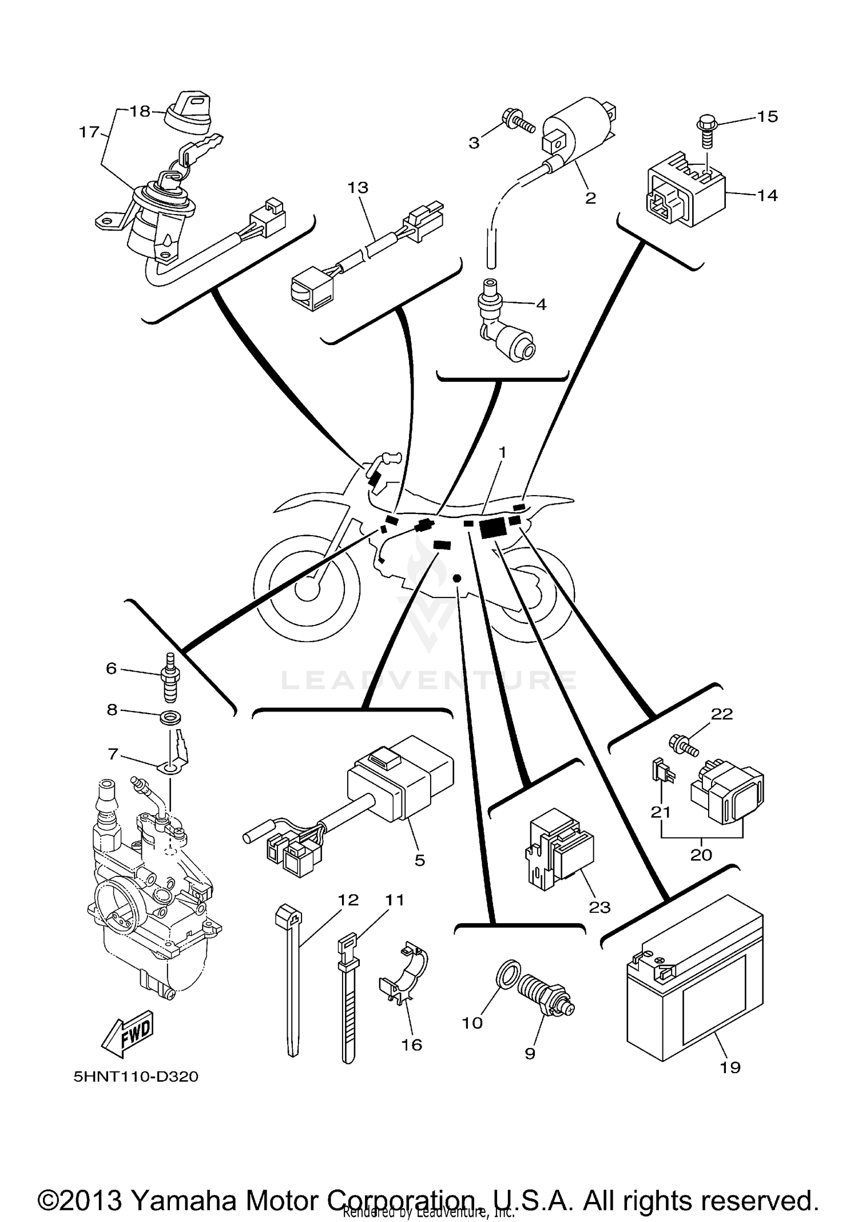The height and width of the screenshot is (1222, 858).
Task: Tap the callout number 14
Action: pos(767,196)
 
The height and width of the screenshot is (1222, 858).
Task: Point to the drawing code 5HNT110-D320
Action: pos(136,1077)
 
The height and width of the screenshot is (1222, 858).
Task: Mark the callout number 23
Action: pos(599,907)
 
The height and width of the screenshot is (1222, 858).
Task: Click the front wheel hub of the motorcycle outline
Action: pos(307,590)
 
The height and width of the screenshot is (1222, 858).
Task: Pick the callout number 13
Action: pos(358,188)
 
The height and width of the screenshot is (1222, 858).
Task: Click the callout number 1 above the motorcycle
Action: pos(502,453)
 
